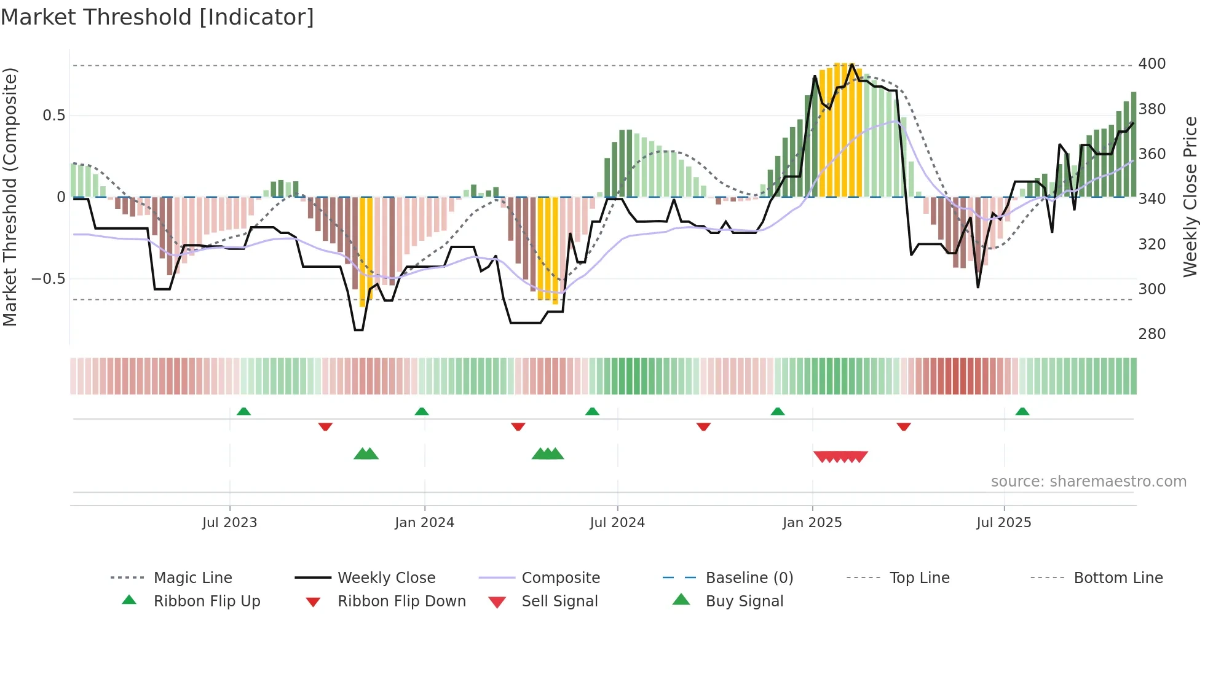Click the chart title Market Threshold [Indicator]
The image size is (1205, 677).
pos(157,17)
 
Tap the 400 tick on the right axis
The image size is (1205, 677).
pos(1152,64)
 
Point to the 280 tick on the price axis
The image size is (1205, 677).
pos(1152,334)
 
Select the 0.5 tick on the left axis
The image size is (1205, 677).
pos(53,115)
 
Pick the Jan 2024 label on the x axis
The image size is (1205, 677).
pos(424,523)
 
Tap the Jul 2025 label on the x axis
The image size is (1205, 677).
pos(1003,523)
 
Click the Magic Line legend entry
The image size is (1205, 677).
pos(192,578)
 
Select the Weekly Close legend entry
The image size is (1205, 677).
pos(386,578)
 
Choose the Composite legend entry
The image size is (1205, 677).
pos(560,578)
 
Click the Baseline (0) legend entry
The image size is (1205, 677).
pos(749,578)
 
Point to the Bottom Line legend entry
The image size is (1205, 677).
pos(1118,578)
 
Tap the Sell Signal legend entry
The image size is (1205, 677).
pos(559,601)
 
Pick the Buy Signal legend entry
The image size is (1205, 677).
pos(744,601)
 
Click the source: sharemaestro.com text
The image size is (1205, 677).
pos(1088,482)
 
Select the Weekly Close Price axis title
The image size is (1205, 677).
pos(1190,197)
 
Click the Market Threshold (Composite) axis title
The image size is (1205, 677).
pos(10,197)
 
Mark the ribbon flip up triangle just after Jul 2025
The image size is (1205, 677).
pos(1022,412)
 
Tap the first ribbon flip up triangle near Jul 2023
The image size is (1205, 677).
pos(243,412)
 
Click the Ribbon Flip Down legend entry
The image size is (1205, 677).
pos(401,601)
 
